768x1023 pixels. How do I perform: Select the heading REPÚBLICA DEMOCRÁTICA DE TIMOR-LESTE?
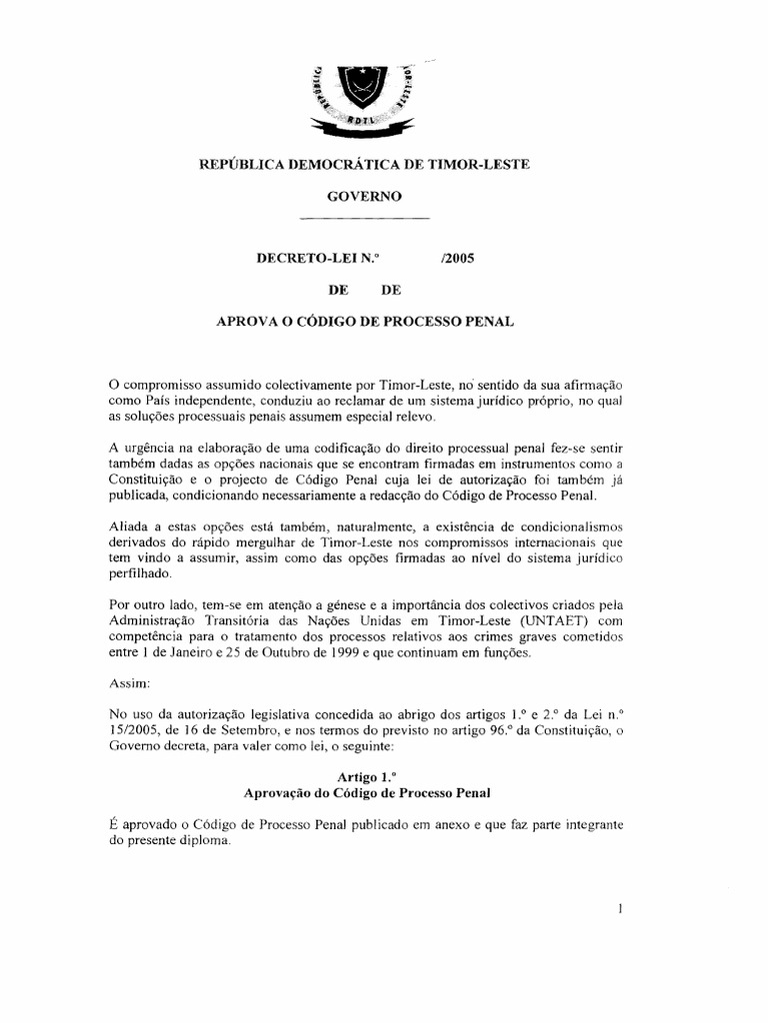[364, 163]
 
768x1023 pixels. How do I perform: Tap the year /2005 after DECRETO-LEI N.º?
[455, 258]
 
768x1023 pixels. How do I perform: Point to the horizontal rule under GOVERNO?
[364, 217]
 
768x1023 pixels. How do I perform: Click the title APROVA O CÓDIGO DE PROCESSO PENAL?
[364, 322]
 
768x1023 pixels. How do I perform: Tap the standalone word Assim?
[127, 685]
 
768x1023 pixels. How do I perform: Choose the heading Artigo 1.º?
[364, 775]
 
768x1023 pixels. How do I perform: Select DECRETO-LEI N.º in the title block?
[317, 258]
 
